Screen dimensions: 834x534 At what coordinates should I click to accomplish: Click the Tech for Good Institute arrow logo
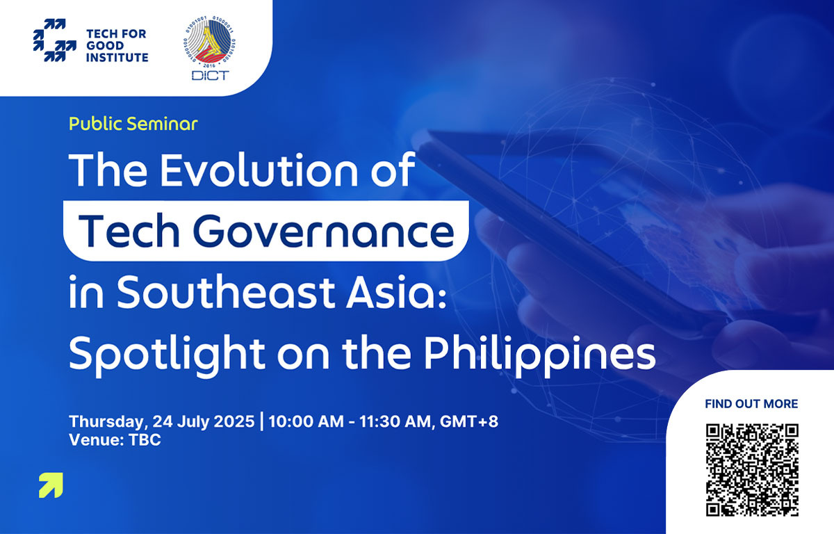[54, 40]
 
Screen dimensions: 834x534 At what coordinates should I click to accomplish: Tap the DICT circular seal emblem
[210, 41]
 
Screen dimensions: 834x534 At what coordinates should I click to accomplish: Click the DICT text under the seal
[210, 76]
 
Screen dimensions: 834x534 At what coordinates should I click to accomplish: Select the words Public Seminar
[133, 124]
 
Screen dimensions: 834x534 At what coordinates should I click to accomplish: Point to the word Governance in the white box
[324, 232]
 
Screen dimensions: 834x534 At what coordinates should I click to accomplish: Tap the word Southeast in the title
[226, 292]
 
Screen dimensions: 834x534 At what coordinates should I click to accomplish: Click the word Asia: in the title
[396, 292]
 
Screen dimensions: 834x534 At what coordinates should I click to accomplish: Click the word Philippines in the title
[539, 354]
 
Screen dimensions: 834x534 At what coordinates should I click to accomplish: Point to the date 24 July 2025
[204, 421]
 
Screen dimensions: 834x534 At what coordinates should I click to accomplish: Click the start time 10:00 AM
[306, 421]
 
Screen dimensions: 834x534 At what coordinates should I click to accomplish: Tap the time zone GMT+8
[468, 421]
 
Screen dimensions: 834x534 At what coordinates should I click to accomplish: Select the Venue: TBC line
[115, 440]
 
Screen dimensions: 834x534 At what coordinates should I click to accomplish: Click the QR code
[752, 470]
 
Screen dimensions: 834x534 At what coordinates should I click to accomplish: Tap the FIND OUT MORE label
[751, 404]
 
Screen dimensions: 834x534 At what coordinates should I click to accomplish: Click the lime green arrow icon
[51, 485]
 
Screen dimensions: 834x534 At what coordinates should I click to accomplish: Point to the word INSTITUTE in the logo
[117, 58]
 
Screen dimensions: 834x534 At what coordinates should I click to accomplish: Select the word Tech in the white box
[129, 232]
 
